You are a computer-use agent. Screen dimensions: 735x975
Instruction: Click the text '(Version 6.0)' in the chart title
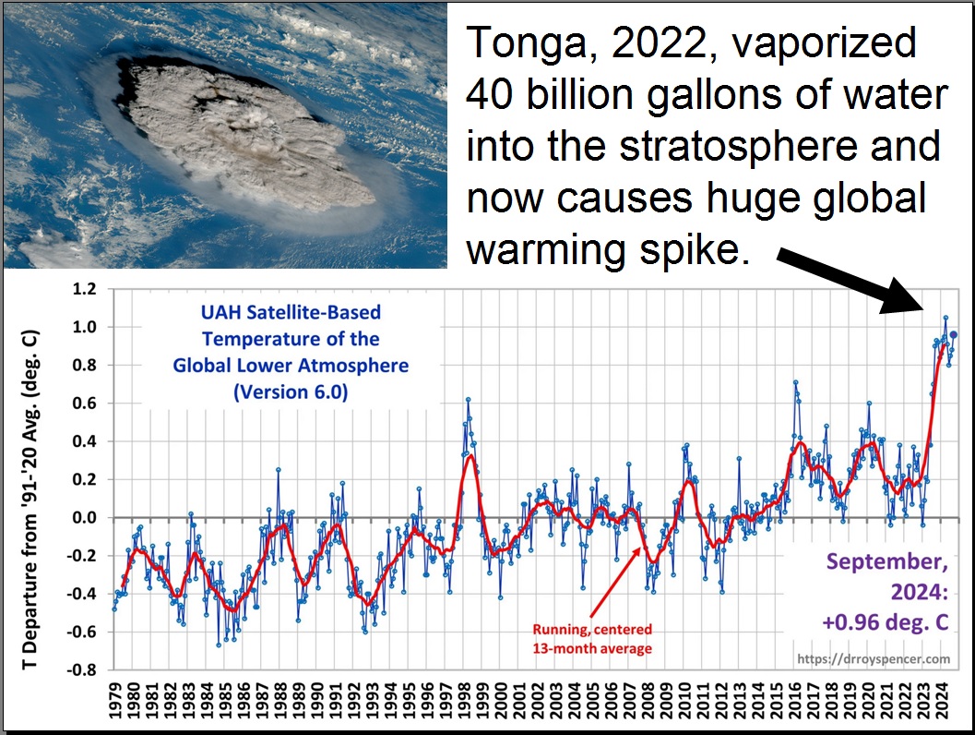tap(291, 391)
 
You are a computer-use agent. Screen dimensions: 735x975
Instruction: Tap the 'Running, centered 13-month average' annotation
tap(591, 638)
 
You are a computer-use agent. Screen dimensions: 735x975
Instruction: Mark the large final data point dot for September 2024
tap(954, 335)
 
